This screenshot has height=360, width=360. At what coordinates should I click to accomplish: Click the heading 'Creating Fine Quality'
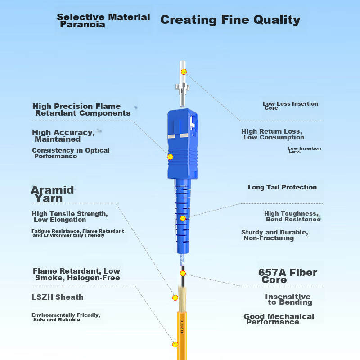tap(230, 20)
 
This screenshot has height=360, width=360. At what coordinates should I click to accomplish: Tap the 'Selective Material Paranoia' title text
tap(103, 21)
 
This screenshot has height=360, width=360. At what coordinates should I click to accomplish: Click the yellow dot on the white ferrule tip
tap(184, 72)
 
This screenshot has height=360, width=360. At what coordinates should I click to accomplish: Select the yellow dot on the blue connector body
tap(170, 157)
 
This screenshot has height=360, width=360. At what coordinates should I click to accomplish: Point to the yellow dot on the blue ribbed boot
tap(183, 218)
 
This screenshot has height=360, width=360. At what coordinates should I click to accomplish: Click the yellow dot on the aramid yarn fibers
tap(175, 297)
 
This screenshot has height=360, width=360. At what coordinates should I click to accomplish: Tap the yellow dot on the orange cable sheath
tap(175, 344)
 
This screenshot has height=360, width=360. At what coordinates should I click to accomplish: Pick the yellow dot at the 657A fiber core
tap(183, 273)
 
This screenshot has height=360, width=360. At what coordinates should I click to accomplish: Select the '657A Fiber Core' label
tap(287, 276)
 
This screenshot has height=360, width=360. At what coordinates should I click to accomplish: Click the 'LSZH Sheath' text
tap(58, 297)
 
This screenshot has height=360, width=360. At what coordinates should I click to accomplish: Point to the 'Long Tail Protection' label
tap(282, 187)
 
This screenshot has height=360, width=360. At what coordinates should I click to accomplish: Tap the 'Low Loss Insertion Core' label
tap(290, 106)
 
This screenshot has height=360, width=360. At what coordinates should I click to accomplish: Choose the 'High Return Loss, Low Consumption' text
tap(273, 135)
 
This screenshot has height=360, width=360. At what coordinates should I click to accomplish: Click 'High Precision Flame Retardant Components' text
tap(81, 110)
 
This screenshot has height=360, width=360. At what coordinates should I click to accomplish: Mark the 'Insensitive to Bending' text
tap(288, 299)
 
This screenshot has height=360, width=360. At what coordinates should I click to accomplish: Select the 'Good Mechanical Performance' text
tap(279, 319)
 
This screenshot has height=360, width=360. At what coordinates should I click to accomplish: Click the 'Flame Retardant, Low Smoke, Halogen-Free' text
tap(76, 274)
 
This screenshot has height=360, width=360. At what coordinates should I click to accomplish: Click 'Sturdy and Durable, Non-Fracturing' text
tap(274, 235)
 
